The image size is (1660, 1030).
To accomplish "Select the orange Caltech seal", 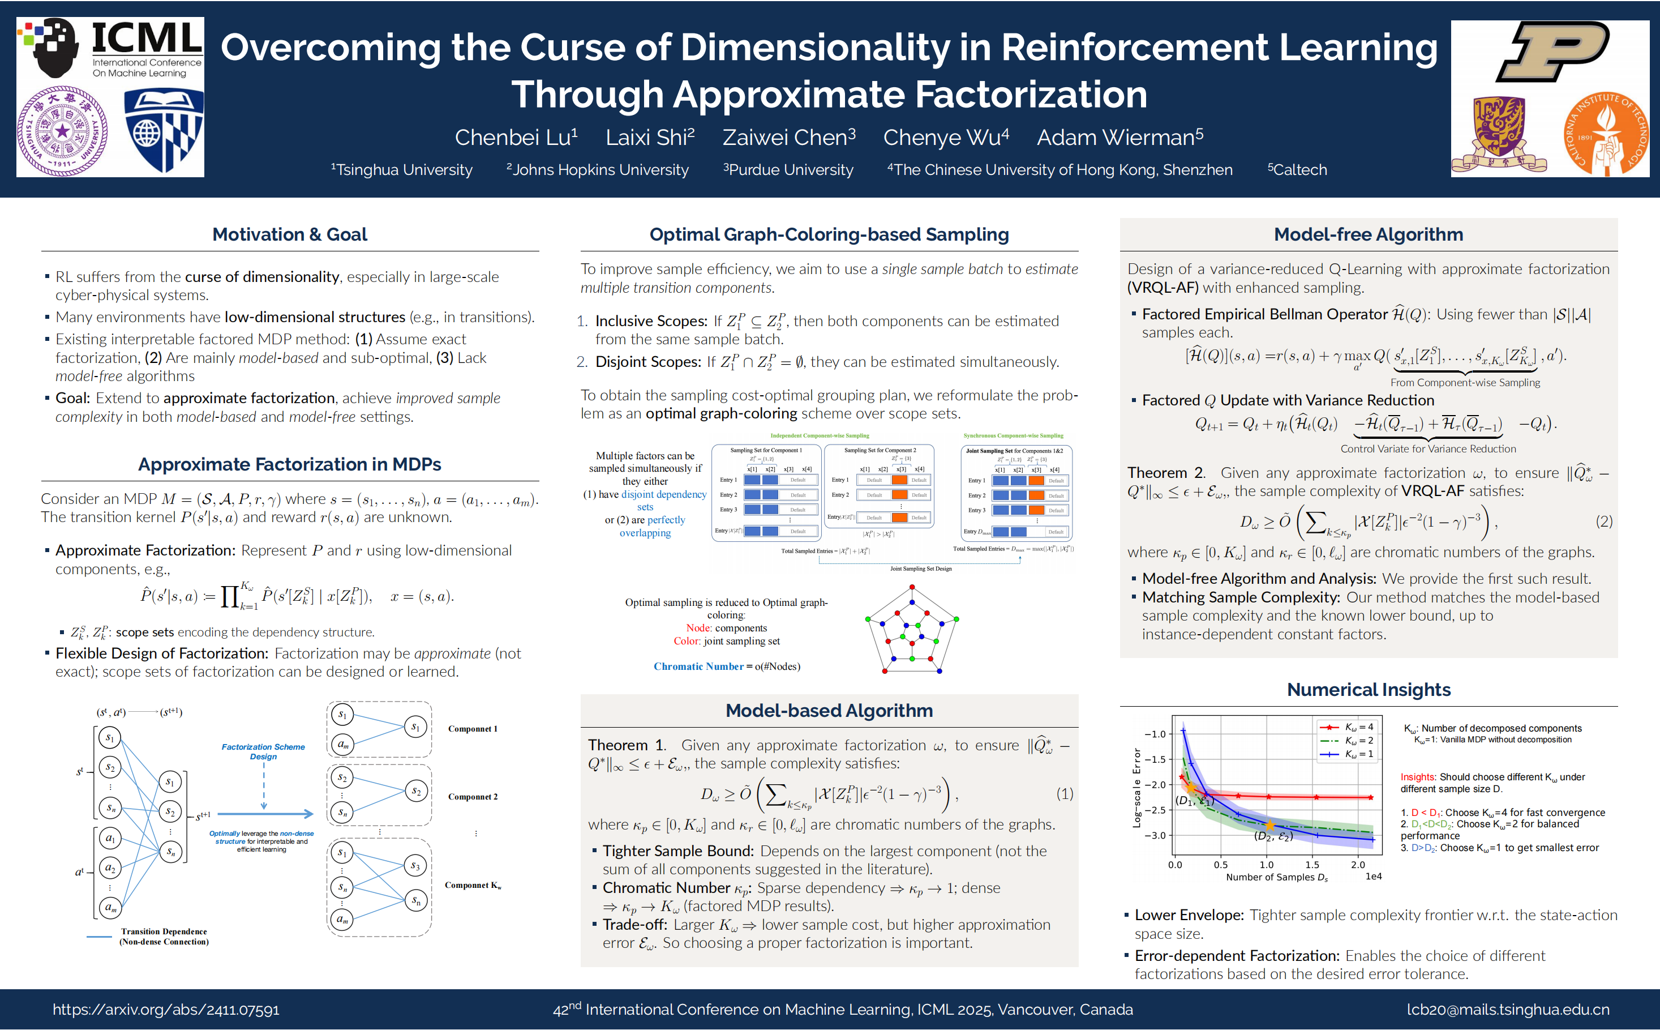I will coord(1606,134).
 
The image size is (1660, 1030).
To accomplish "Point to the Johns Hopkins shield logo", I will coord(164,131).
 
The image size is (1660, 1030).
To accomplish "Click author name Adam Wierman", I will coord(1119,138).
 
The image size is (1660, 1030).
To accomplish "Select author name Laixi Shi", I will coord(650,138).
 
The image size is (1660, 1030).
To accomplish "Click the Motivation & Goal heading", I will coord(289,234).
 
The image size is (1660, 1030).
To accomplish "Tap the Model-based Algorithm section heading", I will coord(829,711).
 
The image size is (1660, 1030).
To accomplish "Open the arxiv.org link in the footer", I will coord(166,1010).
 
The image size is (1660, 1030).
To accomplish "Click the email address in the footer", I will coord(1508,1010).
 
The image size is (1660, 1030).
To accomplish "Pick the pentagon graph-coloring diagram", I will coord(912,630).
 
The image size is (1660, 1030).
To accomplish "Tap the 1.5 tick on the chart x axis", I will coord(1312,865).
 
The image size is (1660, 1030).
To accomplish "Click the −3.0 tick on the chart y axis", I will coord(1155,835).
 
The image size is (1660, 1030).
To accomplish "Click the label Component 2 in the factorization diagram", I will coord(473,796).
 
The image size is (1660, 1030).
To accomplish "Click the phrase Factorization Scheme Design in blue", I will coord(264,751).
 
